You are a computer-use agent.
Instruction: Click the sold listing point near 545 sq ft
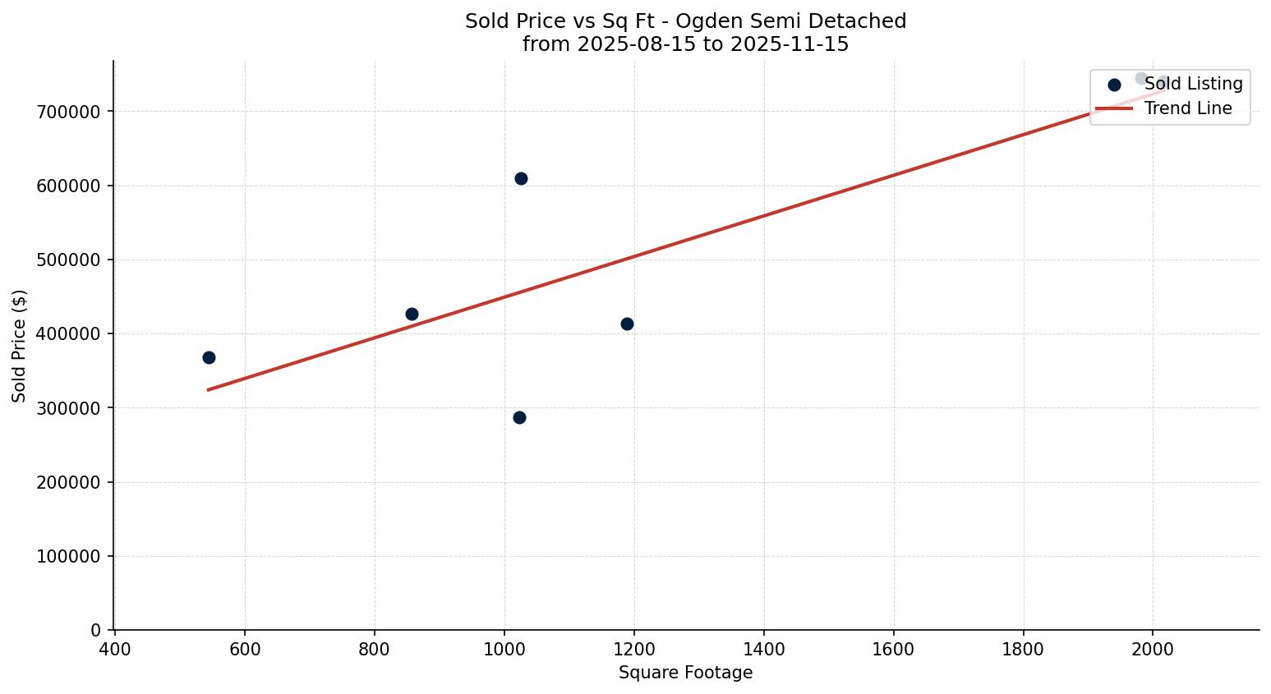[x=209, y=357]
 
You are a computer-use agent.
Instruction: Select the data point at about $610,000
[x=521, y=178]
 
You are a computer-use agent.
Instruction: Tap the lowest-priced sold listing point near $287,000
[x=519, y=417]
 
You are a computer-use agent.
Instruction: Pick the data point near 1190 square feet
[x=627, y=324]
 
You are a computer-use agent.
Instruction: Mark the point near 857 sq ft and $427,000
[x=412, y=314]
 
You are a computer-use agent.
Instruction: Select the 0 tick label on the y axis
[x=96, y=630]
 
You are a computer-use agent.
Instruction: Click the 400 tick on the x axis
[x=115, y=650]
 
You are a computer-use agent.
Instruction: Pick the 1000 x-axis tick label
[x=504, y=650]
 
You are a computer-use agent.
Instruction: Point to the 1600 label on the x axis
[x=894, y=650]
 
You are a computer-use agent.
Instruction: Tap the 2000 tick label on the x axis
[x=1153, y=650]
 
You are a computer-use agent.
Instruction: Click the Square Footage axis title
[x=685, y=673]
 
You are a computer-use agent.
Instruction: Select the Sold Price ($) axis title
[x=20, y=346]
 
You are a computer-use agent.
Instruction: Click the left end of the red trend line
[x=209, y=389]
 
